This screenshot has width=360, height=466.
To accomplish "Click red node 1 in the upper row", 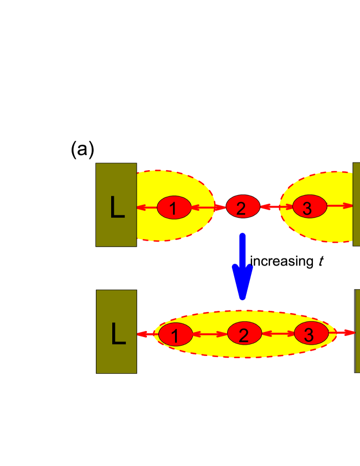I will point(174,208).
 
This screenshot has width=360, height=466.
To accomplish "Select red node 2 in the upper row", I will point(243,206).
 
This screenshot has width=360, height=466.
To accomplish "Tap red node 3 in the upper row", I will point(310,206).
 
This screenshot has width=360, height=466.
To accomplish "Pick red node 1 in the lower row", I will point(176,334).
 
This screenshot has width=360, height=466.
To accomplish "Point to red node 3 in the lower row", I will point(311,333).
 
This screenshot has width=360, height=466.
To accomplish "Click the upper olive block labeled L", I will point(116,205).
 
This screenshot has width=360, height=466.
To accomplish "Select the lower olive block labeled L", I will point(116,332).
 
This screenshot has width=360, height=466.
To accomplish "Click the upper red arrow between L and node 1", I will point(147,208).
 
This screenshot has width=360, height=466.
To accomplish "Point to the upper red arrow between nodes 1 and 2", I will point(209,207).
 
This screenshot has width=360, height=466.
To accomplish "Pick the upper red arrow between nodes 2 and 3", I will point(277,206).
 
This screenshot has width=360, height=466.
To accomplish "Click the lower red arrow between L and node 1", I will point(147,334).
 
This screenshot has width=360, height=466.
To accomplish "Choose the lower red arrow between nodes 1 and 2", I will point(210,334).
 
